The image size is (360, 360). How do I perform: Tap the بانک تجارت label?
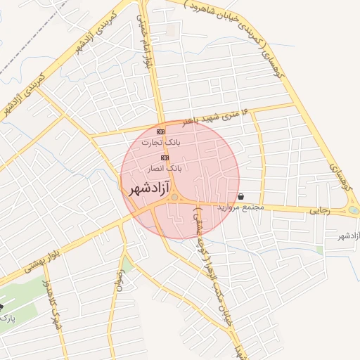(x=160, y=141)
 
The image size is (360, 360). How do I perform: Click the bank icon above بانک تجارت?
(x=160, y=131)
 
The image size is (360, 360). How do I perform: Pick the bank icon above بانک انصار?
(x=165, y=158)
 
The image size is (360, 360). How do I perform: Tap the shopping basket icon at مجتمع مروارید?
(x=242, y=197)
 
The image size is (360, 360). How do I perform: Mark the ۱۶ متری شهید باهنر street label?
(x=214, y=117)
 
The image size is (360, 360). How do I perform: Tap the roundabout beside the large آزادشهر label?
(x=174, y=200)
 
